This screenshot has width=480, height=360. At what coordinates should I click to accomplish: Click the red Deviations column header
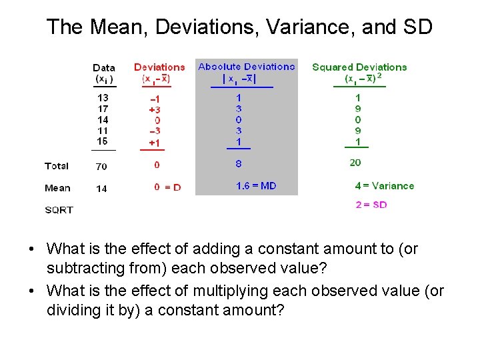159,67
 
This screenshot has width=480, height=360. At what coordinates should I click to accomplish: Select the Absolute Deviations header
246,67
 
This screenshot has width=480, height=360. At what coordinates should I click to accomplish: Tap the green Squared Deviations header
359,67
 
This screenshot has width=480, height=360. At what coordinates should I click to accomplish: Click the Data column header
104,68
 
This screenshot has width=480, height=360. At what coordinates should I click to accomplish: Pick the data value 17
103,109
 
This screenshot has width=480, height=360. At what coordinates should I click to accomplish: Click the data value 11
103,131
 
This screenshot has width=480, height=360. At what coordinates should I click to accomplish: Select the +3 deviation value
155,109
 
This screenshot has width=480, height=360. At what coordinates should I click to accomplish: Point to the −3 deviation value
155,131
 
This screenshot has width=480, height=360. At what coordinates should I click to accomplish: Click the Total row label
57,166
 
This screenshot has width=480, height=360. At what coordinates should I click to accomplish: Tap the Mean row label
57,188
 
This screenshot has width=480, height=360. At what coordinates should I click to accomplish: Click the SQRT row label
59,210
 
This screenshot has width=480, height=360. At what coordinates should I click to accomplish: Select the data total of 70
101,167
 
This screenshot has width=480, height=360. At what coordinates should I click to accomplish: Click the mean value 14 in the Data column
101,189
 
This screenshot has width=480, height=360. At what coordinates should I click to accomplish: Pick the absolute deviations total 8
239,163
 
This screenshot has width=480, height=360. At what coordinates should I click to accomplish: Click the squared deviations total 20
355,163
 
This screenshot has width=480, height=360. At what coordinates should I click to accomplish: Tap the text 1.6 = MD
256,186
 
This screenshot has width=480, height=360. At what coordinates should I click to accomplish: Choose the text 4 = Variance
385,186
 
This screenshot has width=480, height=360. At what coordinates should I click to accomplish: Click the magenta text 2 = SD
371,205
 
